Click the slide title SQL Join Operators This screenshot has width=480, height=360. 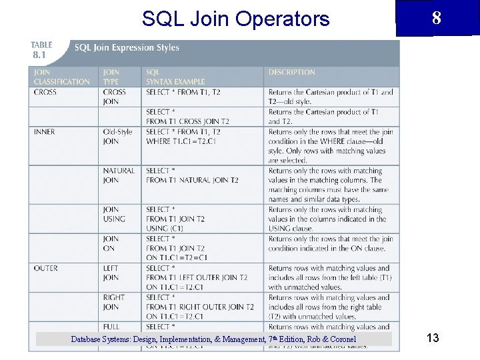pyautogui.click(x=235, y=19)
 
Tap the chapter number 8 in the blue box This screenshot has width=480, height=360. pyautogui.click(x=436, y=18)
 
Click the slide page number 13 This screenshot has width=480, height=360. pyautogui.click(x=433, y=338)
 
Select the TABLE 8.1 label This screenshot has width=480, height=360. pyautogui.click(x=41, y=50)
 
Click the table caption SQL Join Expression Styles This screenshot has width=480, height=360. pyautogui.click(x=127, y=48)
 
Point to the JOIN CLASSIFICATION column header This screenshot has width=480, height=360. pyautogui.click(x=61, y=77)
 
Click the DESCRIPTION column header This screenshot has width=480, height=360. pyautogui.click(x=291, y=72)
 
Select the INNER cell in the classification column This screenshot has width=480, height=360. pyautogui.click(x=45, y=132)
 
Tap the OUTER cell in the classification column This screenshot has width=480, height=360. pyautogui.click(x=46, y=268)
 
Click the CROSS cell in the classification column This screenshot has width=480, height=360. pyautogui.click(x=45, y=92)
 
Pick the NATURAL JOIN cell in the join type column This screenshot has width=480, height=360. pyautogui.click(x=119, y=175)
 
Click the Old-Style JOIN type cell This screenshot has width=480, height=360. pyautogui.click(x=119, y=137)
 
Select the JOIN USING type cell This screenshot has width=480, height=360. pyautogui.click(x=113, y=214)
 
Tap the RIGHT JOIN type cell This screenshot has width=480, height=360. pyautogui.click(x=113, y=302)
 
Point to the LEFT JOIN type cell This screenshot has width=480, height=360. pyautogui.click(x=111, y=273)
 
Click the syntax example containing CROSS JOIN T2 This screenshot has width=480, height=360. pyautogui.click(x=187, y=117)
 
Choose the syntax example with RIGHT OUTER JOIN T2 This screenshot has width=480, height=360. pyautogui.click(x=199, y=307)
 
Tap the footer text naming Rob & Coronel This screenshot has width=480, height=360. pyautogui.click(x=213, y=339)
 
